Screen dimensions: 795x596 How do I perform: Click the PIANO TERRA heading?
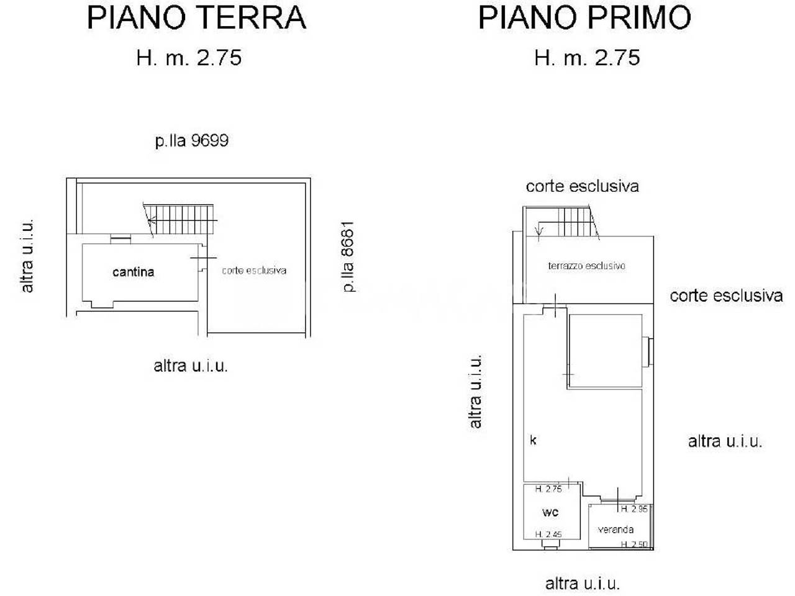point(197,17)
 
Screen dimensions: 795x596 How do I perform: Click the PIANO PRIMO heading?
point(584,17)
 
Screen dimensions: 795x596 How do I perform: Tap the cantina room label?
point(134,272)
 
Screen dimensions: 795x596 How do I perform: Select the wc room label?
point(550,512)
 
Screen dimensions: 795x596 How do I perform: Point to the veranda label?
point(616,530)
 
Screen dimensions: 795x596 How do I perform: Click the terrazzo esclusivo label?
point(587,266)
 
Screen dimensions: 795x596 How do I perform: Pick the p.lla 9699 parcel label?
point(192,141)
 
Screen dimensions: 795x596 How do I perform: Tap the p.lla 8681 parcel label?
point(348,256)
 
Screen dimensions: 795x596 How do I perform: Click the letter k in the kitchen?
point(533,440)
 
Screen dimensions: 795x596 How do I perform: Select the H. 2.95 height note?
point(634,509)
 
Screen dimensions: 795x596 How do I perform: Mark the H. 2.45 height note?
point(548,534)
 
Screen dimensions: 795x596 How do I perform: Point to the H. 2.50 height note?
point(634,544)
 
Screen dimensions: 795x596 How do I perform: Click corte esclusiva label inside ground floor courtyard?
point(254,271)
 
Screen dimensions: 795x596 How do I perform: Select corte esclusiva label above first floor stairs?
point(583,187)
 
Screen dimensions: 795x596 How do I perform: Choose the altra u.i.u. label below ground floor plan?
point(191,366)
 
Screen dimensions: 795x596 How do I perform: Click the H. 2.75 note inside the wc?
point(548,489)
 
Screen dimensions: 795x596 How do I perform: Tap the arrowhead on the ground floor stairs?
point(152,220)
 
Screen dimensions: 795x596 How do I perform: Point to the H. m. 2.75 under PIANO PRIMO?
point(587,58)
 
